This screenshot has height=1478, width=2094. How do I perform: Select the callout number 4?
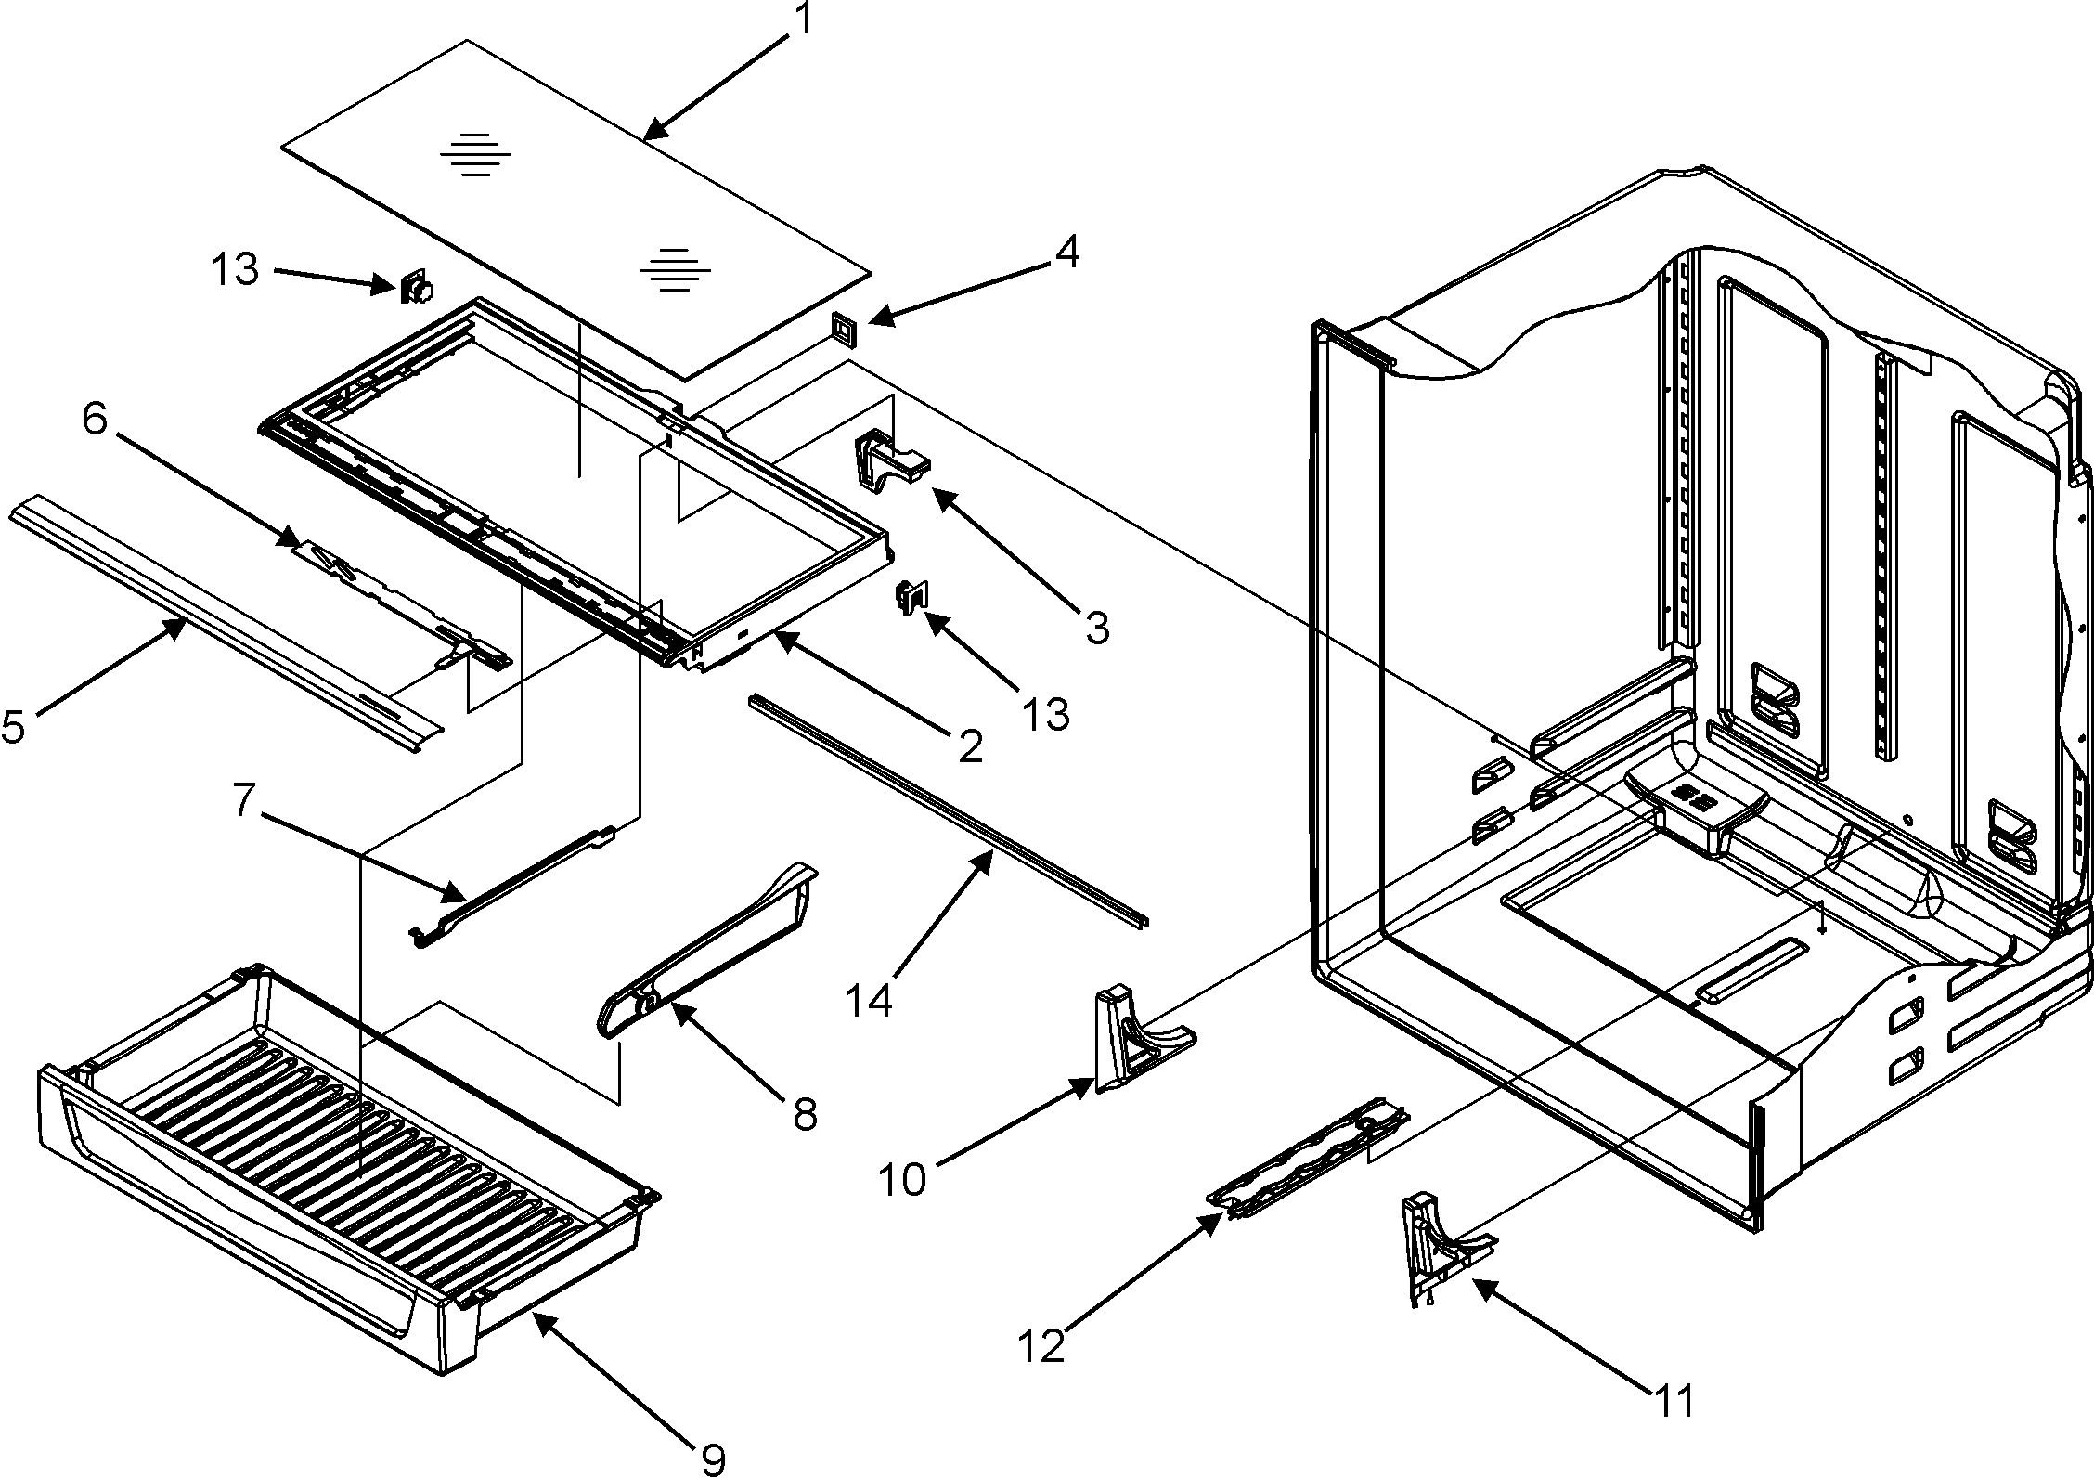click(1068, 253)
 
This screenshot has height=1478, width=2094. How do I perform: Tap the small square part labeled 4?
click(843, 329)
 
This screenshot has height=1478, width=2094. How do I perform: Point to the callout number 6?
click(94, 420)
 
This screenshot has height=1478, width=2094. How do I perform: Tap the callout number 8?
click(804, 1113)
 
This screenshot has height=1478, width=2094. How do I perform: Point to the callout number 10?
click(901, 1180)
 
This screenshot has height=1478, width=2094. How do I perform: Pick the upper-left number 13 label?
click(234, 271)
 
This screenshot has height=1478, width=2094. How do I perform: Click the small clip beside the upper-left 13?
click(417, 289)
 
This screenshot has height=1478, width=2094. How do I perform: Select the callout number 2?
click(970, 745)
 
